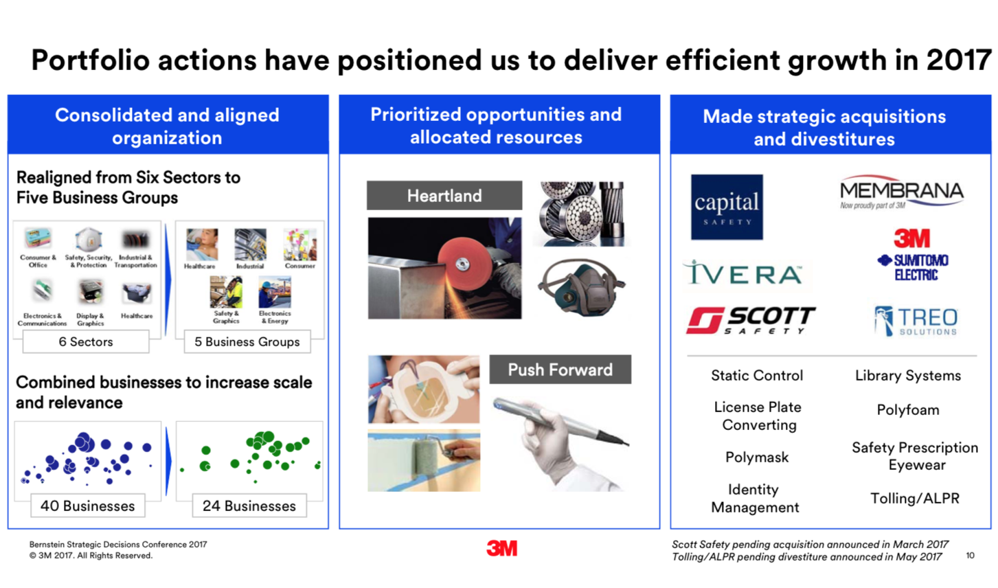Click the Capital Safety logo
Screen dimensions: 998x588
click(727, 207)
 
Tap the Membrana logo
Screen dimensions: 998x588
click(901, 192)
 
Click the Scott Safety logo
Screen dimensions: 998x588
click(751, 320)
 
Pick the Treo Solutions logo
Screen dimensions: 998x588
click(916, 321)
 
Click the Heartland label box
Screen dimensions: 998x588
click(444, 195)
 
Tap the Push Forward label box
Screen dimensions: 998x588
click(560, 370)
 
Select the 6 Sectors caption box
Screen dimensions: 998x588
click(86, 341)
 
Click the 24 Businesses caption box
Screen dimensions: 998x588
click(249, 506)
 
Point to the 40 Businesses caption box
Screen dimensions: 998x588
click(88, 506)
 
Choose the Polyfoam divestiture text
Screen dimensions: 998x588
click(908, 409)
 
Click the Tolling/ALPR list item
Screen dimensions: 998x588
click(915, 498)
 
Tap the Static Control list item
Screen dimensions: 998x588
click(757, 376)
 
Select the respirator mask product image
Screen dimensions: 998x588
click(582, 287)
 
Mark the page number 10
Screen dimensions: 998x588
click(970, 556)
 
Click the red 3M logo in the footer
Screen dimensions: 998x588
click(501, 548)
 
